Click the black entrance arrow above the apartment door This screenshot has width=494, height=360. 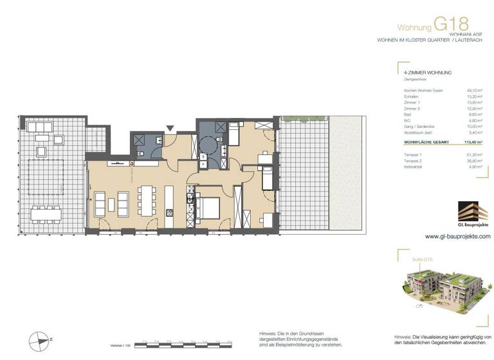pos(170,129)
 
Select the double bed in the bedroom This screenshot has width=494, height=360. pos(208,208)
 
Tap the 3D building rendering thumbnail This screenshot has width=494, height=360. pos(440,290)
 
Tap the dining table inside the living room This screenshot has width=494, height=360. pos(147,202)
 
